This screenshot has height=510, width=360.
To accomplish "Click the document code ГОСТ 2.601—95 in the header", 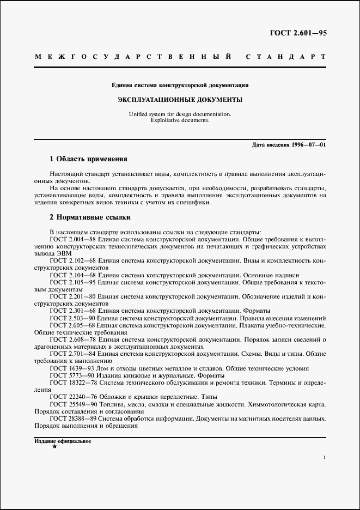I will coord(298,34).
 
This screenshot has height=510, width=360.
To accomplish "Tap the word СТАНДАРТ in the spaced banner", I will coord(286,57).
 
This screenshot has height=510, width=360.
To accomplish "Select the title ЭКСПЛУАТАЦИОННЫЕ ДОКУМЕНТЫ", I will coord(180,100).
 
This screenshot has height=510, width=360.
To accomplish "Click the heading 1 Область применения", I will coord(88,159).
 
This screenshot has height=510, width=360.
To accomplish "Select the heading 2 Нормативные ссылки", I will coord(90,217).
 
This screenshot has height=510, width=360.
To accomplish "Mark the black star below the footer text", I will coord(54,447).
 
